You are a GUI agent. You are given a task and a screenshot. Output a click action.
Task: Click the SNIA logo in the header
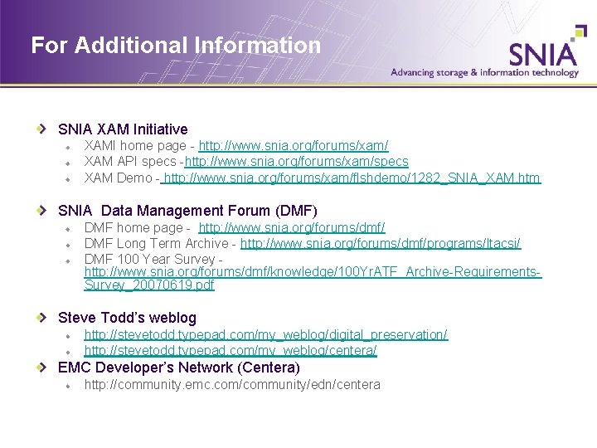click(543, 53)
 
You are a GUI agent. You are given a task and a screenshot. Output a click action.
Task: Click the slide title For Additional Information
click(176, 45)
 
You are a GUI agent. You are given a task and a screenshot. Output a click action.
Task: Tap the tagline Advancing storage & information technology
click(484, 72)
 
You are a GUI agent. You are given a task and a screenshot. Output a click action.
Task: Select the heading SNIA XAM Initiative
click(123, 129)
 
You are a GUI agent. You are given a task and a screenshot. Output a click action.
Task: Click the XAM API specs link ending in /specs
click(297, 162)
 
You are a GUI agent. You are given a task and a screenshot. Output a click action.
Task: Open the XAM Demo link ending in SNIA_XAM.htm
click(352, 178)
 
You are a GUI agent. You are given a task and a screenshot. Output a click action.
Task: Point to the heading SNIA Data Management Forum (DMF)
click(187, 211)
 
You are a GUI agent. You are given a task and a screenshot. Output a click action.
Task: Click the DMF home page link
click(292, 227)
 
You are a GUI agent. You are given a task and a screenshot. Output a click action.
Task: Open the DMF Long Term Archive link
click(381, 243)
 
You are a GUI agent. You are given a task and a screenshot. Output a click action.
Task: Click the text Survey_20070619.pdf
click(149, 285)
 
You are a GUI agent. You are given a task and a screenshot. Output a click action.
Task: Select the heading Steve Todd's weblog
click(127, 318)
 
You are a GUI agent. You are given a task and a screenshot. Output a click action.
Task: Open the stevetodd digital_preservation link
click(265, 334)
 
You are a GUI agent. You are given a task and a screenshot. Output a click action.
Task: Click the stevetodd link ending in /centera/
click(231, 350)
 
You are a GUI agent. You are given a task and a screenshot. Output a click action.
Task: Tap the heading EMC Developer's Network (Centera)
click(179, 367)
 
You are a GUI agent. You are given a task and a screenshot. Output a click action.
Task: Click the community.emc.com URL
click(232, 384)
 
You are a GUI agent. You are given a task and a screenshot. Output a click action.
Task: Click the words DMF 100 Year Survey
click(152, 260)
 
